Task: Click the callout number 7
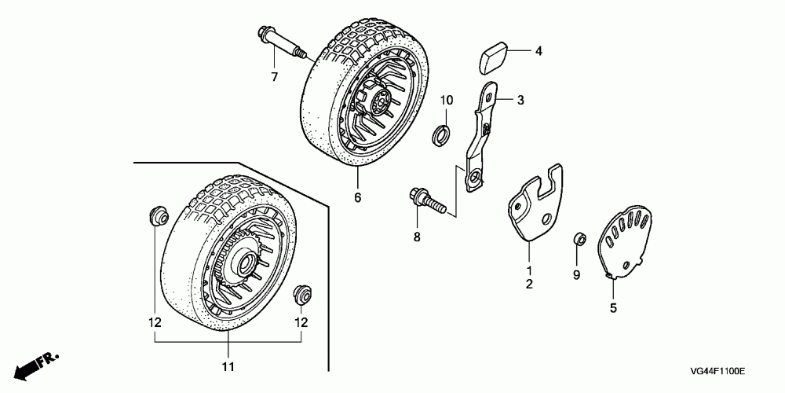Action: [275, 76]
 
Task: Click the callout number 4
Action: [539, 53]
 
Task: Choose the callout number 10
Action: [446, 100]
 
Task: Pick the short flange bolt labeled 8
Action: [427, 200]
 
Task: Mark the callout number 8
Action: [417, 237]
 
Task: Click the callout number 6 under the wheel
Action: [357, 197]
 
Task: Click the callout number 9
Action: [575, 274]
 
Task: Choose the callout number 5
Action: [613, 308]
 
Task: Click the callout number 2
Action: [529, 284]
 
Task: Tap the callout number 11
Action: [228, 367]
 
